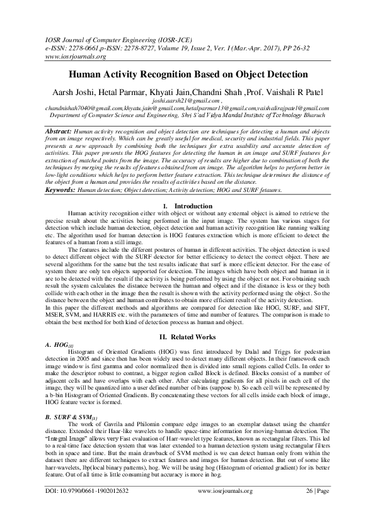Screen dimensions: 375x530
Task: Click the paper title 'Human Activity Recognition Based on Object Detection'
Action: coord(187,74)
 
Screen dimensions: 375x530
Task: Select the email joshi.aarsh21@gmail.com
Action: coord(186,101)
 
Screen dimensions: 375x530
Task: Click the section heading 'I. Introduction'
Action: coord(187,206)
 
